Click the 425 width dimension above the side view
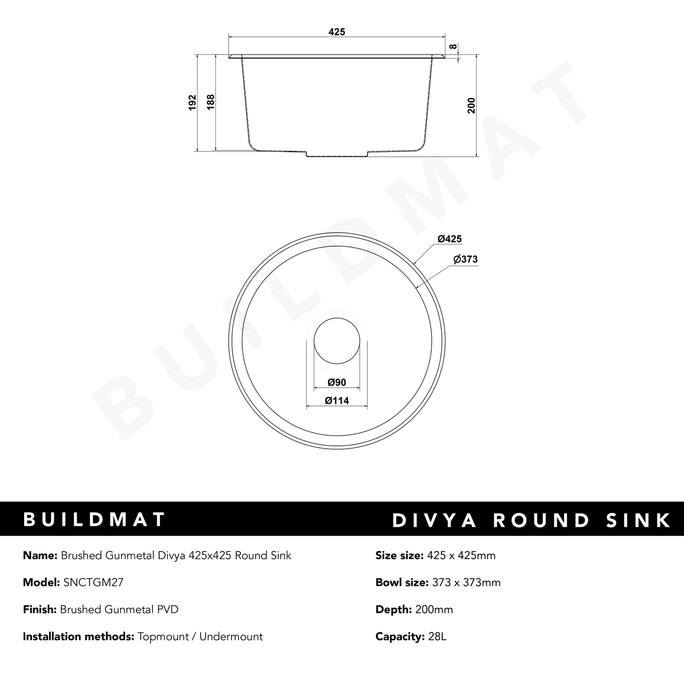pyautogui.click(x=337, y=32)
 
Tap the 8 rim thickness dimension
pyautogui.click(x=453, y=46)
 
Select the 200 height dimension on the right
pyautogui.click(x=471, y=106)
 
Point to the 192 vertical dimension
pyautogui.click(x=192, y=102)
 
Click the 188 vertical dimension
pyautogui.click(x=211, y=102)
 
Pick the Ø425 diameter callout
pyautogui.click(x=449, y=239)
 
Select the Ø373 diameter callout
pyautogui.click(x=465, y=259)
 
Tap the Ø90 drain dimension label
pyautogui.click(x=337, y=382)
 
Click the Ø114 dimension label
pyautogui.click(x=337, y=400)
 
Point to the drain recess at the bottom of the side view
pyautogui.click(x=337, y=154)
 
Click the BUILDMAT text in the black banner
pyautogui.click(x=94, y=519)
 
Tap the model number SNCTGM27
pyautogui.click(x=93, y=583)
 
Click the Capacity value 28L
pyautogui.click(x=436, y=637)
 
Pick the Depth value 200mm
pyautogui.click(x=434, y=610)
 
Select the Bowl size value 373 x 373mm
pyautogui.click(x=466, y=583)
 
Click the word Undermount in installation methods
pyautogui.click(x=231, y=637)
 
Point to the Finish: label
pyautogui.click(x=40, y=610)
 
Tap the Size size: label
pyautogui.click(x=399, y=556)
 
